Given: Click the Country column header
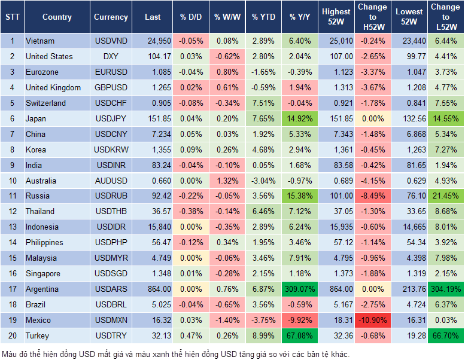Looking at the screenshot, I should (57, 17).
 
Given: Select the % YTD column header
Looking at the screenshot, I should (264, 17).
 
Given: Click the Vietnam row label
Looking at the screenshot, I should (40, 41).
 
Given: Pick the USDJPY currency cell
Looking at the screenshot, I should (111, 118).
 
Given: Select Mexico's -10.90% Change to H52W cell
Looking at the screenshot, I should (372, 320).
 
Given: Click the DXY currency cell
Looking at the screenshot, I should (111, 56).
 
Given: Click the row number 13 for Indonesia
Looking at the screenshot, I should (11, 227).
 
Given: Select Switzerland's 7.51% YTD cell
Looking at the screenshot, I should (264, 103).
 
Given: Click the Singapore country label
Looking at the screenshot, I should (42, 273).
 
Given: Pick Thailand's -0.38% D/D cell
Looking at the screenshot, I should (190, 211).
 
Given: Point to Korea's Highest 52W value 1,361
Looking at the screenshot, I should (336, 150).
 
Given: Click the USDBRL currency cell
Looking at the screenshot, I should (111, 304).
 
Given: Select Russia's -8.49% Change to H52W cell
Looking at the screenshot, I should (372, 196).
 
